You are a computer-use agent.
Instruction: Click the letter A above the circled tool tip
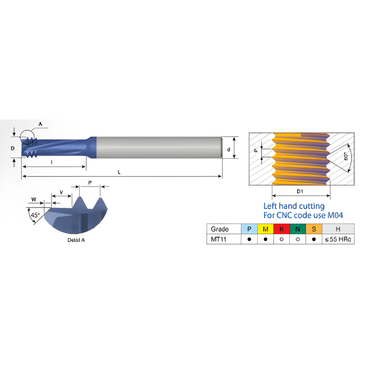tap(40, 124)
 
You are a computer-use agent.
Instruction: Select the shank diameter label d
tap(229, 149)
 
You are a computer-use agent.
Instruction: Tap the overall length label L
tap(119, 172)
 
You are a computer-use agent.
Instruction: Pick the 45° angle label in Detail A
tap(34, 215)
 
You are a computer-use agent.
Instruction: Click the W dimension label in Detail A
tap(34, 199)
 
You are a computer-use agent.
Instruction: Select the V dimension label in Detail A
tap(61, 192)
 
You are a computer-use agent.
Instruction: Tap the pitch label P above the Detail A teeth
tap(90, 183)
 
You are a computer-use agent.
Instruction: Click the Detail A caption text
tap(76, 240)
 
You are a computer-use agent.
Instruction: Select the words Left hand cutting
tap(293, 206)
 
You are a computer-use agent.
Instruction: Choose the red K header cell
tap(281, 229)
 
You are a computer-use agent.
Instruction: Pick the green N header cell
tap(297, 229)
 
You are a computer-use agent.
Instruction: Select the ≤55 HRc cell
tap(338, 239)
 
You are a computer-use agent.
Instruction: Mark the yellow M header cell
tap(265, 229)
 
